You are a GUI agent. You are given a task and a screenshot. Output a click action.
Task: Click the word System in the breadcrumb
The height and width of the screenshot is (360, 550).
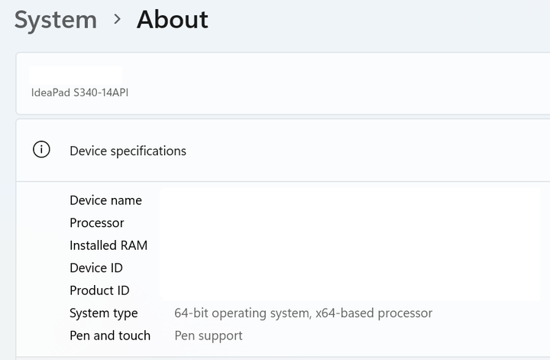pos(56,20)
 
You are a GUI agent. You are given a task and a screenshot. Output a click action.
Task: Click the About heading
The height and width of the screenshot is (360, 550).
pos(172,20)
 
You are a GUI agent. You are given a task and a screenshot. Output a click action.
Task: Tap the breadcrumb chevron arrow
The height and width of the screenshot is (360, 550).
pos(117,20)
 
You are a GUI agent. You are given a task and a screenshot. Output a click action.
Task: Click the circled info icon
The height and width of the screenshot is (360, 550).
pos(41,150)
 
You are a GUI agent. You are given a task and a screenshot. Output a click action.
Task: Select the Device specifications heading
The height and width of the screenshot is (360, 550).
pos(128,151)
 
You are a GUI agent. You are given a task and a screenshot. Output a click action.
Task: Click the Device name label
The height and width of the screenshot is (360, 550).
pos(105,200)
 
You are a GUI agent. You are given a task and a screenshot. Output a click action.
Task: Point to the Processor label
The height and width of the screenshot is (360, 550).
pos(96,223)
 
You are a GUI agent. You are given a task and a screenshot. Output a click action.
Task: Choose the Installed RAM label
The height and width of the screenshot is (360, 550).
pos(108,245)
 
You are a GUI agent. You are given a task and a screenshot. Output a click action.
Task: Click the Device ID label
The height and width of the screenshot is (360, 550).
pos(96,268)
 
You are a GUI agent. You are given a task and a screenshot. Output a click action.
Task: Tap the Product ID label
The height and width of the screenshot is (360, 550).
pos(99,290)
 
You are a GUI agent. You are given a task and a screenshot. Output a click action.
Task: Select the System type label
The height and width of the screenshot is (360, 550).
pos(104,313)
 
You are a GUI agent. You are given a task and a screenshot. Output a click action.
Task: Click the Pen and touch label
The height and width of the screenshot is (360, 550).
pos(110,336)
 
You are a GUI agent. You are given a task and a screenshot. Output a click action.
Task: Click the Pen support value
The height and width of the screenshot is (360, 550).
pos(209,336)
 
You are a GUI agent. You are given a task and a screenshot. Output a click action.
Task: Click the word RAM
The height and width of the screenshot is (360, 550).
pos(134,245)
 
